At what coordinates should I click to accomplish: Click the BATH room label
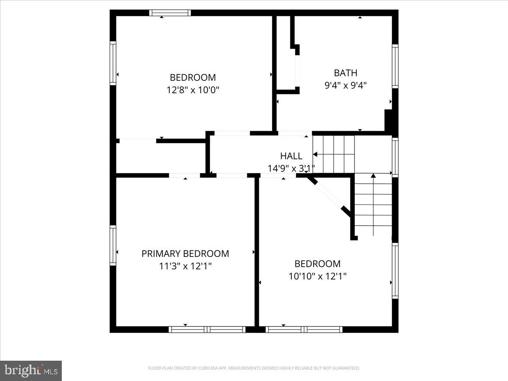coord(345,73)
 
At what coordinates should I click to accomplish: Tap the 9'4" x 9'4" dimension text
coord(345,85)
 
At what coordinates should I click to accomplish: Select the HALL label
coord(291,156)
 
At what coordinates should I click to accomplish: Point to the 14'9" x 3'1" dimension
coord(291,168)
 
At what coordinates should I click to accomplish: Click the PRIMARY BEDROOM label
coord(185,254)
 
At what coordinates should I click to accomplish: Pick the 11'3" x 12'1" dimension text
coord(185,266)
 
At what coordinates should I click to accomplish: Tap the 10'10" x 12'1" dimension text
coord(317,276)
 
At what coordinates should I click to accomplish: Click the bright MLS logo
coord(31,371)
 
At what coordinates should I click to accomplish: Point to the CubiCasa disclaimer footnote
coord(254,368)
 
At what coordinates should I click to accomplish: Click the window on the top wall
coord(170,13)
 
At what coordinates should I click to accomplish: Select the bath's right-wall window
coord(395,66)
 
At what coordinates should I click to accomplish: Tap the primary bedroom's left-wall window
coord(113,246)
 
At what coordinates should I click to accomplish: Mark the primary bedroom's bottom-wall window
coord(207,329)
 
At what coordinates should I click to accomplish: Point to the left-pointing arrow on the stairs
coord(315,155)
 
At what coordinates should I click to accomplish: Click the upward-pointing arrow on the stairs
coord(373,175)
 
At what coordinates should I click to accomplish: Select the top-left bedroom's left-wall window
coord(113,63)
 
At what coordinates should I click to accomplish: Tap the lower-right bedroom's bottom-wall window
coord(304,329)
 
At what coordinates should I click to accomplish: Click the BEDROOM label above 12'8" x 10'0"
coord(193,77)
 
